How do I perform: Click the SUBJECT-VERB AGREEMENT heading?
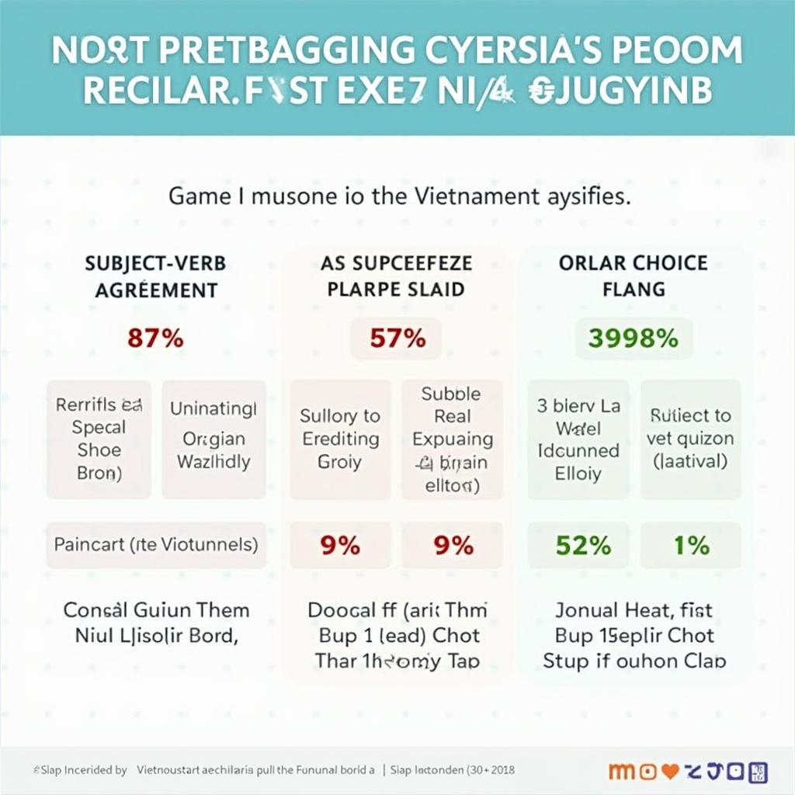(x=155, y=276)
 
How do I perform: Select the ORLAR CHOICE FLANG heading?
(x=634, y=276)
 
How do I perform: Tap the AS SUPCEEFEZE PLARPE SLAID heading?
(x=397, y=276)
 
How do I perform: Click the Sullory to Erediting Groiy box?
(x=339, y=439)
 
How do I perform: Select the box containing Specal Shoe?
(x=99, y=439)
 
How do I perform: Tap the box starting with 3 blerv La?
(x=578, y=439)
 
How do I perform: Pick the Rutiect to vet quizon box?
(x=689, y=439)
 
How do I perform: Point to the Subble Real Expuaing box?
(x=452, y=439)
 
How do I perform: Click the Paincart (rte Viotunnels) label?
(x=155, y=543)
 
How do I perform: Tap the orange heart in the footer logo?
(x=671, y=771)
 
